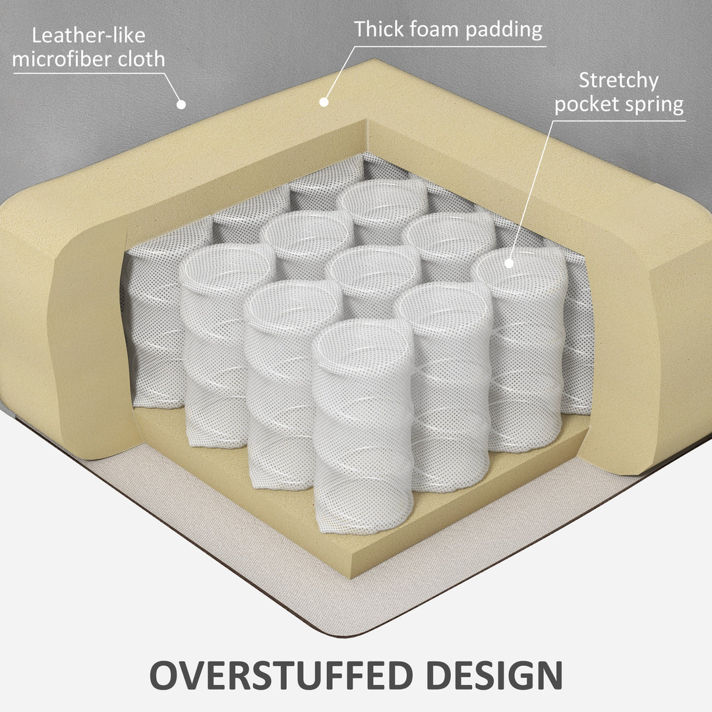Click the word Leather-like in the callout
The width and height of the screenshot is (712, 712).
tap(88, 34)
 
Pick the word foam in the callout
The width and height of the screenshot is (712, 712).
tap(438, 29)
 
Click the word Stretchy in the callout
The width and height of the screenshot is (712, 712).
tap(618, 80)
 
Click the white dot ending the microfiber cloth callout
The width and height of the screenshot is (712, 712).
tap(181, 104)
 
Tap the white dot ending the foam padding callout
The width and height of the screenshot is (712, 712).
tap(324, 102)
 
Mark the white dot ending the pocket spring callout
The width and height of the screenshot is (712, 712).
tap(508, 262)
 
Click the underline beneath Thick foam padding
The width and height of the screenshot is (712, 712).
tap(448, 46)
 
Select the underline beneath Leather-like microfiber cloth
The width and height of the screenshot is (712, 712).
tap(89, 73)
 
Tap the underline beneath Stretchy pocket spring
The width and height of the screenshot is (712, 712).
tap(620, 120)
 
